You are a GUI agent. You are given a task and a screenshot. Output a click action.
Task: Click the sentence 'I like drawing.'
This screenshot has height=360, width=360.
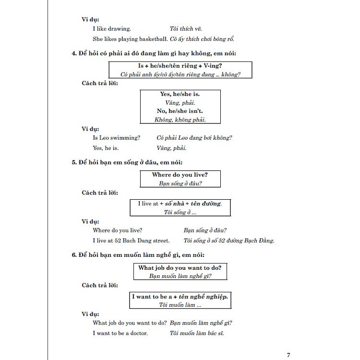111,29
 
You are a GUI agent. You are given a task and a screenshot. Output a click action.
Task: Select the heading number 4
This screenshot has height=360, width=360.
73,53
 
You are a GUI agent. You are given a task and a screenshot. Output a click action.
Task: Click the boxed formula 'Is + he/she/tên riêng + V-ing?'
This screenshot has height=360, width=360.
180,65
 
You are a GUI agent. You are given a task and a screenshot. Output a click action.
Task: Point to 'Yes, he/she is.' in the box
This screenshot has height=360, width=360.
180,94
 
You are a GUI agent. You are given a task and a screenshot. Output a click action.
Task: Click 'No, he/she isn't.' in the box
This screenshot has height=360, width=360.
180,111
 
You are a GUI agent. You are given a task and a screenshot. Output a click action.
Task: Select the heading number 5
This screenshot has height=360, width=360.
73,162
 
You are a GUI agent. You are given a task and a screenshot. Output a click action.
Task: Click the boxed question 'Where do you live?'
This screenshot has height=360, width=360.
180,175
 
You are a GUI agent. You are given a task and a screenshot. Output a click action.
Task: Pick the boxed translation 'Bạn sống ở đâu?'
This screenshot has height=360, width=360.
180,183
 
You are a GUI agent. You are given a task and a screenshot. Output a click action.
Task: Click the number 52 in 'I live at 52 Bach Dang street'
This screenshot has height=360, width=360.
124,240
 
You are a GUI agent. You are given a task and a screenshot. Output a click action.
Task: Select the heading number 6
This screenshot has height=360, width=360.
73,254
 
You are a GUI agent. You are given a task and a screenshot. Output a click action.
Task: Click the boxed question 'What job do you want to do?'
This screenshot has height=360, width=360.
180,267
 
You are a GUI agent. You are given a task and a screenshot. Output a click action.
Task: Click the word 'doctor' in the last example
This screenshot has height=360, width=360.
137,333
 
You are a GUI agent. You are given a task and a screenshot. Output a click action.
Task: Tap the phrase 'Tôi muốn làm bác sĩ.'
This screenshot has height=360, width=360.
197,333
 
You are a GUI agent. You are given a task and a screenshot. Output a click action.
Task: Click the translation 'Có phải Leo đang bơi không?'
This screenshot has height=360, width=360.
194,138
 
